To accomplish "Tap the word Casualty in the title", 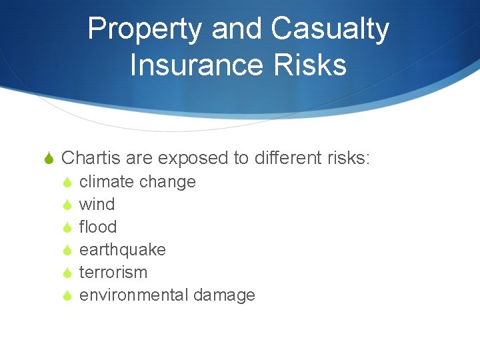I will point(330,30).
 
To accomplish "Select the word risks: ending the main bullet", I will point(349,158).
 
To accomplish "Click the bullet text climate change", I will point(137,182).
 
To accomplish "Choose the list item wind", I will point(97,205).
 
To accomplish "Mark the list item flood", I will point(98,227).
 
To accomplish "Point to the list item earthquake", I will point(123,250).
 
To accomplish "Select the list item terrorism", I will point(113,273).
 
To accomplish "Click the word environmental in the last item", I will point(134,295).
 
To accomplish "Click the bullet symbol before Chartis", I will point(48,159).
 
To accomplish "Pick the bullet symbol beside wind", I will point(67,205).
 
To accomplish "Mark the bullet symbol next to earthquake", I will point(67,250).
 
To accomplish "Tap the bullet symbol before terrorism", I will point(67,273).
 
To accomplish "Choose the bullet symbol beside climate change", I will point(67,182).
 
